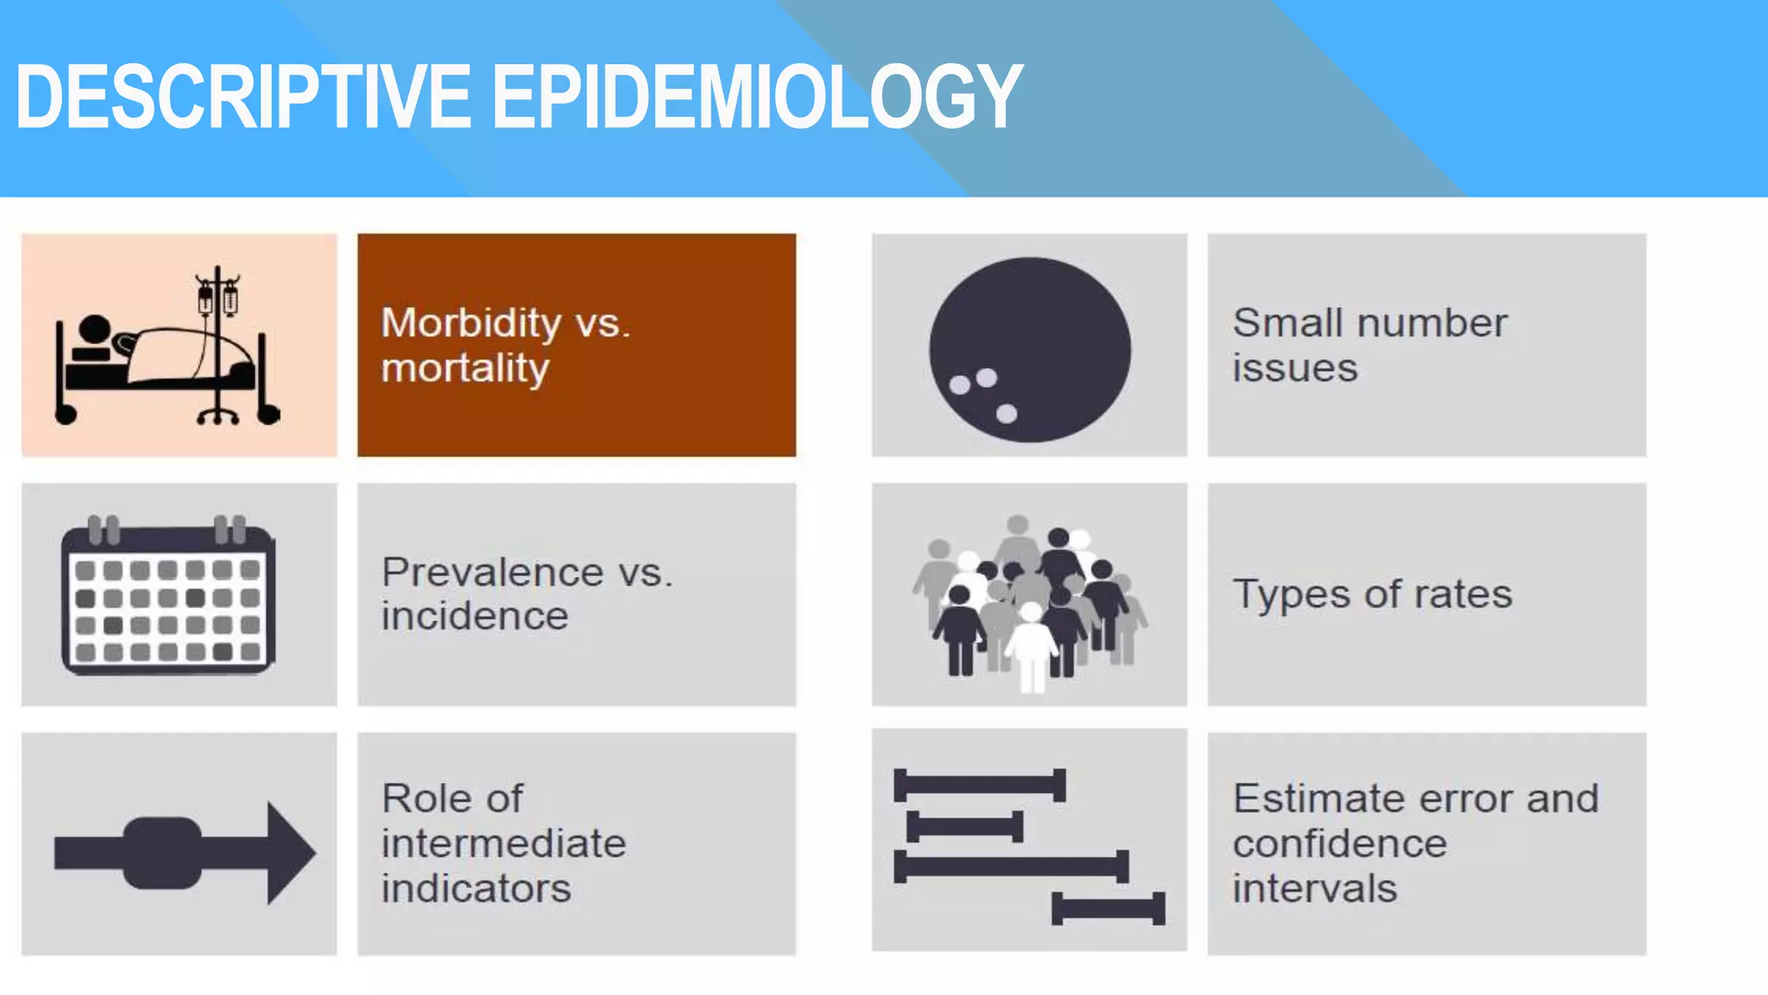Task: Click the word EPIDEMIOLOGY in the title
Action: (757, 97)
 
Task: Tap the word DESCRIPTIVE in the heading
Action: (243, 97)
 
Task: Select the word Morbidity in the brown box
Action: (471, 323)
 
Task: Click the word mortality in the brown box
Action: (465, 369)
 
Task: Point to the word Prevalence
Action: (493, 572)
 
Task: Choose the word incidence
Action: (475, 616)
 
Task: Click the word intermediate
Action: (504, 843)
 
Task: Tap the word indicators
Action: (477, 889)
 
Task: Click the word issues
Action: (1295, 369)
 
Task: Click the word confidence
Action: (1340, 843)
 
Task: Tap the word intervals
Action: (1315, 889)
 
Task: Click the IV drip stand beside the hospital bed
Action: (218, 345)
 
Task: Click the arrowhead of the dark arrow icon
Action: (290, 853)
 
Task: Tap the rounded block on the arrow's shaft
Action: (163, 853)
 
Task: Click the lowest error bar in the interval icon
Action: (1108, 909)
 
